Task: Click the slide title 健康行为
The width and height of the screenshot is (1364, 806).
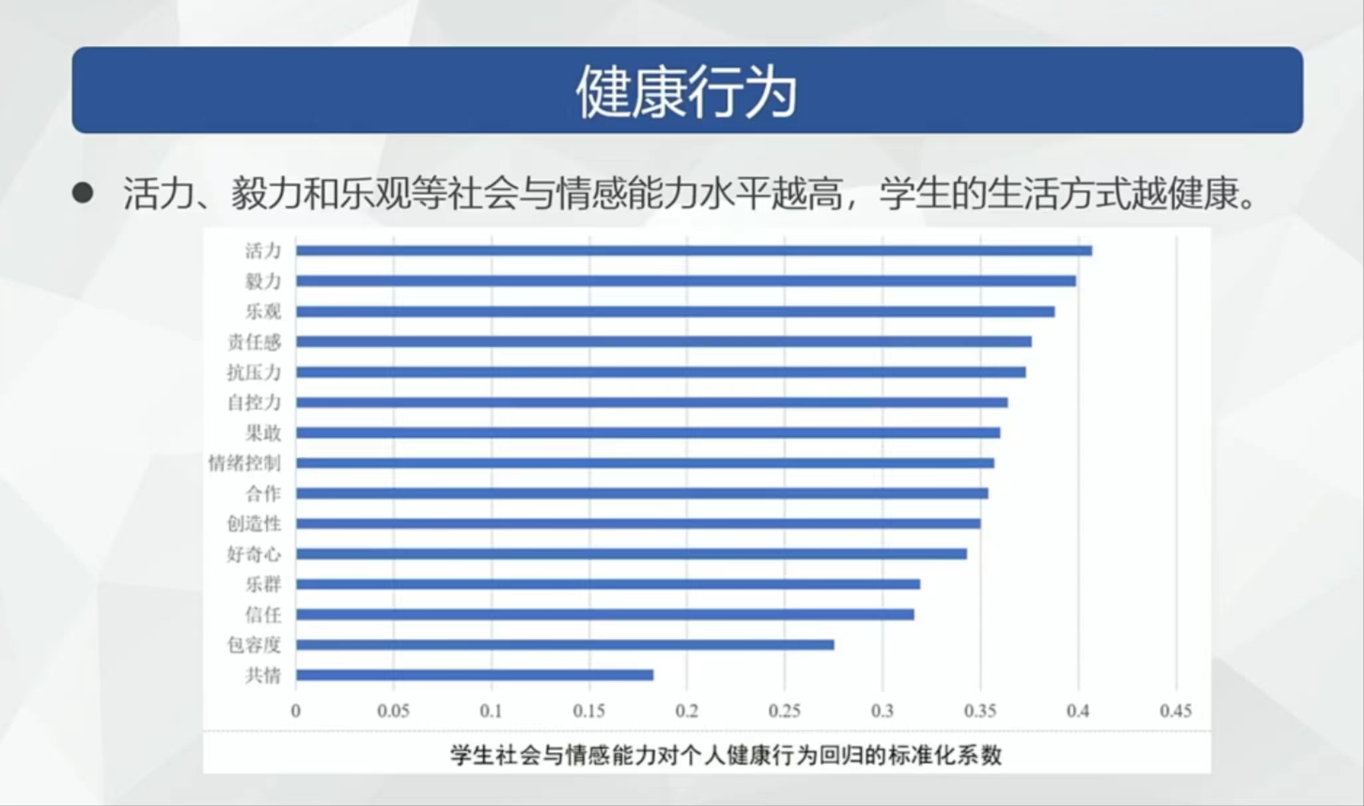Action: tap(687, 92)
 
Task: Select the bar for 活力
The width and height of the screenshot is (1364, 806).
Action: tap(693, 251)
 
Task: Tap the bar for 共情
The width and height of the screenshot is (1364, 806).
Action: tap(475, 675)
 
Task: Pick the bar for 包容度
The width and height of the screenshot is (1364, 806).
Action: tap(565, 644)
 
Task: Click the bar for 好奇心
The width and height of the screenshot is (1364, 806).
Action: tap(631, 554)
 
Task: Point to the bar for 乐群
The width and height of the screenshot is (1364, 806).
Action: tap(608, 584)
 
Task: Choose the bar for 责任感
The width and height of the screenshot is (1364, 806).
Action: tap(663, 342)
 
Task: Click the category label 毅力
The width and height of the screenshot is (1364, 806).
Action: tap(263, 281)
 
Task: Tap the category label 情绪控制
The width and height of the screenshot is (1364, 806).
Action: tap(245, 463)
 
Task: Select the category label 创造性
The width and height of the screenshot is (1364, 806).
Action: tap(254, 523)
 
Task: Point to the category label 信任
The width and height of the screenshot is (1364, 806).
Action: tap(263, 614)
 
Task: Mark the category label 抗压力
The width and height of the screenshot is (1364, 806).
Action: tap(254, 372)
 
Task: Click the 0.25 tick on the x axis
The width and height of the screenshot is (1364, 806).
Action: tap(784, 711)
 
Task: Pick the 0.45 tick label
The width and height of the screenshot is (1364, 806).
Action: tap(1175, 711)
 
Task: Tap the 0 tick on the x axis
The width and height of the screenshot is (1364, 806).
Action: tap(296, 711)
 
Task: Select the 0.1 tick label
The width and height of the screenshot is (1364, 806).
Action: tap(491, 711)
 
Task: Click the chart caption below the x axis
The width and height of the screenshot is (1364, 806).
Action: tap(725, 755)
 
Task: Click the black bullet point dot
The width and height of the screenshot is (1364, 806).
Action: tap(83, 193)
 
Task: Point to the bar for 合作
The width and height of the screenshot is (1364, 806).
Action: tap(642, 493)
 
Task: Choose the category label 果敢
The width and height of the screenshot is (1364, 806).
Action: tap(263, 433)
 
